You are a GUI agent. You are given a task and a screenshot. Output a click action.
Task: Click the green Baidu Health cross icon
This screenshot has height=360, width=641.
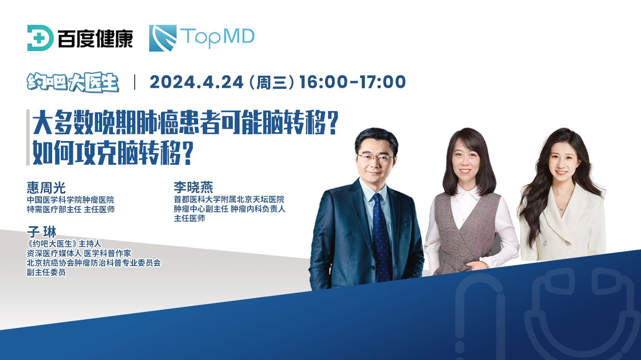tap(40, 38)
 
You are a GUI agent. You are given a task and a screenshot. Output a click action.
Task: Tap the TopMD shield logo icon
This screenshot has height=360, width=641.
tap(163, 38)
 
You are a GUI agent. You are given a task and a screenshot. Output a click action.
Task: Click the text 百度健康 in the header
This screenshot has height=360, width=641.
tap(95, 38)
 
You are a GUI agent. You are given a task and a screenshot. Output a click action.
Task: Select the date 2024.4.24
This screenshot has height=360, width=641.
tap(197, 82)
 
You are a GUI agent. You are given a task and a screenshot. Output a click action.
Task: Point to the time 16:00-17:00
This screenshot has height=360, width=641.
tap(352, 82)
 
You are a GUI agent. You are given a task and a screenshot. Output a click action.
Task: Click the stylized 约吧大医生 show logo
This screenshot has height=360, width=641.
tap(73, 83)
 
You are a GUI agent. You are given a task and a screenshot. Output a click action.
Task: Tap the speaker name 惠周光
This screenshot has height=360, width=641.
tap(46, 188)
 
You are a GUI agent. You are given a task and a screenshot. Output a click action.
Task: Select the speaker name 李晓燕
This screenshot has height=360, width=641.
tap(194, 187)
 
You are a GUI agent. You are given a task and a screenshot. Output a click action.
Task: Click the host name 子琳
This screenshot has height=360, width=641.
tap(41, 232)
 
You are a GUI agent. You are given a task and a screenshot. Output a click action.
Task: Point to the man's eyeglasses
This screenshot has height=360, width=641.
tap(375, 157)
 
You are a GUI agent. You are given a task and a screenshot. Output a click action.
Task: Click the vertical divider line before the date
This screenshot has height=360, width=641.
tap(135, 82)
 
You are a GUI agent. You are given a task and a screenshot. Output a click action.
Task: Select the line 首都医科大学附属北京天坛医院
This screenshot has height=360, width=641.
tap(229, 199)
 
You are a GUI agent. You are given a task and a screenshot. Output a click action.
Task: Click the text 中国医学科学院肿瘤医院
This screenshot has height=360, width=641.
tap(70, 199)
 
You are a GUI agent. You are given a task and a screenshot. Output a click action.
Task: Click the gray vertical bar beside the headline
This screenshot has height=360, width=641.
tap(28, 137)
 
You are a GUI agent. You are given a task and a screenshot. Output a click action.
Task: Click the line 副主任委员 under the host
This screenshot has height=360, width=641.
tap(46, 272)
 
